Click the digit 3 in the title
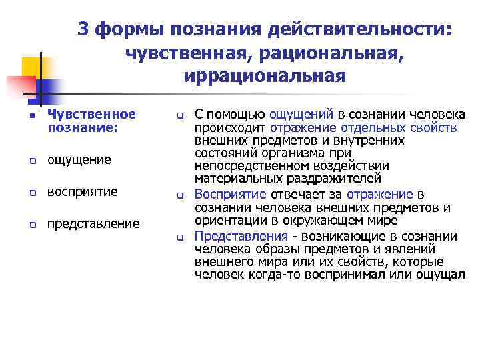(x=84, y=29)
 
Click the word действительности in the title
(x=359, y=29)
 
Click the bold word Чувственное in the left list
(x=91, y=115)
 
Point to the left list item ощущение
(x=79, y=160)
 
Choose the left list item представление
(x=93, y=223)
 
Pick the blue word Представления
(x=241, y=236)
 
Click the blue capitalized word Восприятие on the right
(x=231, y=194)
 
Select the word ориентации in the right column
(x=224, y=220)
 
